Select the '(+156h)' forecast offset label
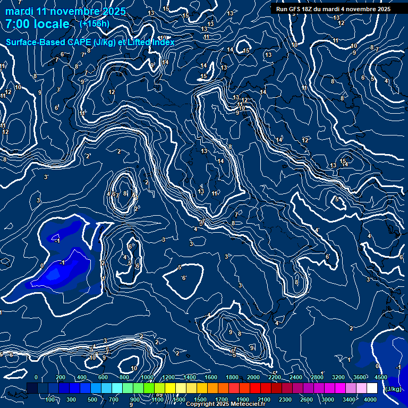(95, 24)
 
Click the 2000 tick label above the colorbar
(253, 377)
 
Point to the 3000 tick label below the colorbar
(328, 399)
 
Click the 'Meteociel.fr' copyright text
(245, 404)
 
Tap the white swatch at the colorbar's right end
(372, 389)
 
